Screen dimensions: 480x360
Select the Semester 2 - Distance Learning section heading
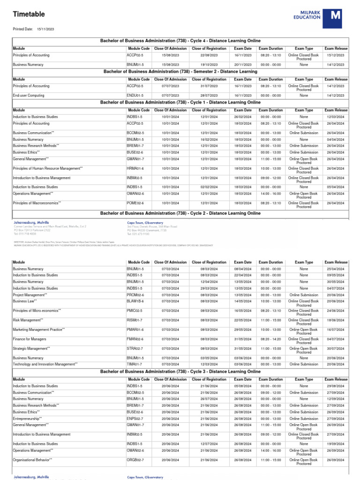point(180,72)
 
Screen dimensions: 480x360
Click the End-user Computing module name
point(29,95)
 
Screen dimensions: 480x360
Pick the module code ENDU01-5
point(135,95)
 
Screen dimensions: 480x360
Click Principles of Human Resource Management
point(47,168)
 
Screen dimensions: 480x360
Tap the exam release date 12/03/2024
point(336,117)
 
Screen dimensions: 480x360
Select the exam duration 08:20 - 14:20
point(270,339)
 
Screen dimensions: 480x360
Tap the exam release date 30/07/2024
point(336,348)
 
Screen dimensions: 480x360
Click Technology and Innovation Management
point(45,364)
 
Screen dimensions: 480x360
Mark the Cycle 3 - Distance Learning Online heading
point(180,371)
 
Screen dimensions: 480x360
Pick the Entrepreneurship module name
point(27,418)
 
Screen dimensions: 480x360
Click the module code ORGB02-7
point(135,460)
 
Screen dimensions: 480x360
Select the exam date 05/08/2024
point(243,386)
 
